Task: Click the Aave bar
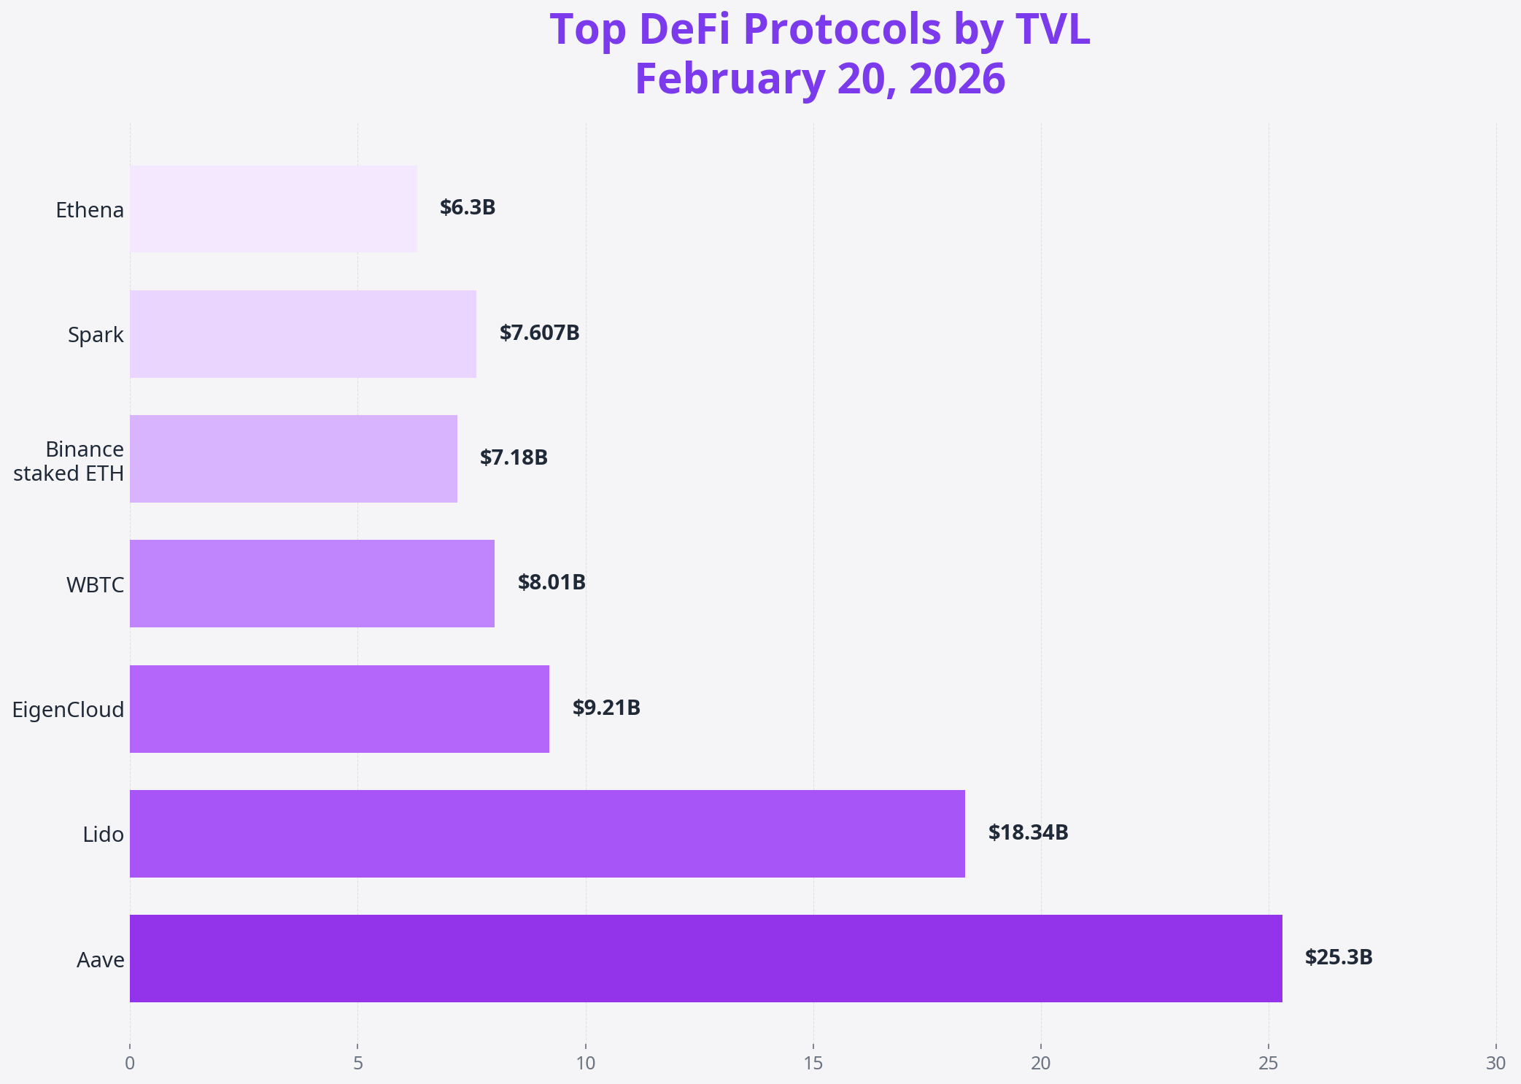705,958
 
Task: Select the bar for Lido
547,833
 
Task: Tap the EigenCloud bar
339,708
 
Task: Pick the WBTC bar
312,583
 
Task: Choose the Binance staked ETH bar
293,458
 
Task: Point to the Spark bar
303,333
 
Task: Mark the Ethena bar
274,209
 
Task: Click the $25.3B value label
1339,957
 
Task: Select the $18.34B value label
1028,832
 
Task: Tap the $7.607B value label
539,333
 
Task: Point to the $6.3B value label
468,208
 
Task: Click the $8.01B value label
551,582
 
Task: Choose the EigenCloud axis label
68,710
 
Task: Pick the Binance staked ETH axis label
69,461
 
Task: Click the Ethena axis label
90,210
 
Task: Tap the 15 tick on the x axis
813,1063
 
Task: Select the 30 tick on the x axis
1495,1063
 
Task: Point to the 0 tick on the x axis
130,1063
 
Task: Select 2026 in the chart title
957,79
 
